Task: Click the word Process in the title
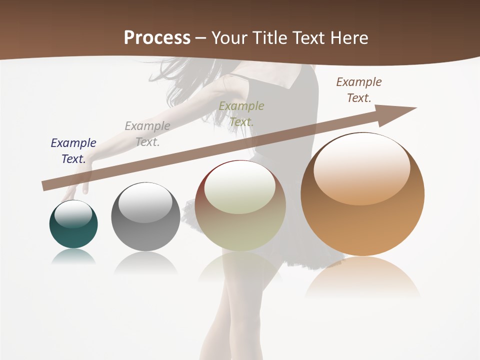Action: (157, 38)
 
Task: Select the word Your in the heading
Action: (230, 38)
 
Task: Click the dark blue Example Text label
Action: (73, 150)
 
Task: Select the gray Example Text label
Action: (147, 134)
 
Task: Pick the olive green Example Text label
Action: (241, 113)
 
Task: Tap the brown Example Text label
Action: (359, 90)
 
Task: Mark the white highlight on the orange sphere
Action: (361, 167)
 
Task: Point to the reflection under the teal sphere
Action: (73, 257)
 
